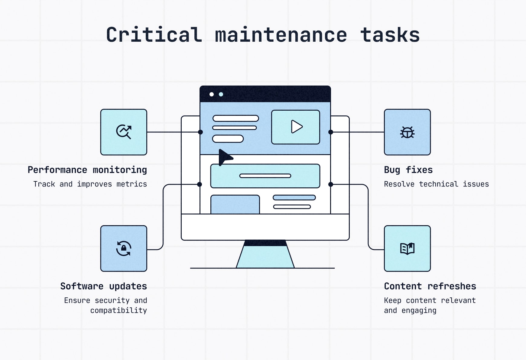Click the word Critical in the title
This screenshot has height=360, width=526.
(154, 35)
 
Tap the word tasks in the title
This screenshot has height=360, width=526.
(390, 35)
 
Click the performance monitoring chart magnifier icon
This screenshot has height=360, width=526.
(124, 132)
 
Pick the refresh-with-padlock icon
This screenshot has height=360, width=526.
(124, 248)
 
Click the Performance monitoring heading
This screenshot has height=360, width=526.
(87, 170)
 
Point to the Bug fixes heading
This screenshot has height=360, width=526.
(408, 170)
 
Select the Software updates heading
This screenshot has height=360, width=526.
(103, 286)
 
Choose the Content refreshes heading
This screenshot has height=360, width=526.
(430, 286)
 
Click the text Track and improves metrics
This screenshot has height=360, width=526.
(90, 184)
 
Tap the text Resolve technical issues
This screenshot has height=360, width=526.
(436, 184)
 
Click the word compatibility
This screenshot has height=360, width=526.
(119, 310)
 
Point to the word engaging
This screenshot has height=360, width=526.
(419, 310)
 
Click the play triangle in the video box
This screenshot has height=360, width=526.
(296, 127)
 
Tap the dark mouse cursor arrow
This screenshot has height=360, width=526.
(224, 157)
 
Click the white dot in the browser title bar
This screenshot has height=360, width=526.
(212, 94)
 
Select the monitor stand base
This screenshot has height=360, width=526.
(265, 257)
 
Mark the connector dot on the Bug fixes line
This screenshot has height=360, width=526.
(331, 132)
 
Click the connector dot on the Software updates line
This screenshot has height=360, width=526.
(200, 184)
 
